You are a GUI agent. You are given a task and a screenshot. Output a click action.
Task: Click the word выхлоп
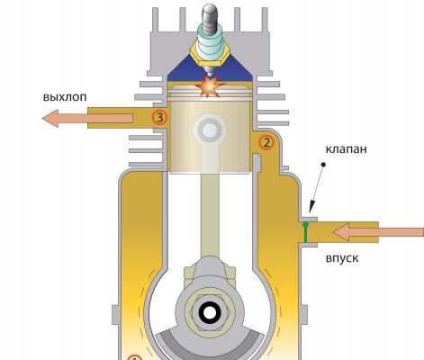tap(65, 97)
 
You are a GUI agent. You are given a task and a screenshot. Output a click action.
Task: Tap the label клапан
tap(347, 148)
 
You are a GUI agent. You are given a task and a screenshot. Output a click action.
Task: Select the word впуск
tap(342, 258)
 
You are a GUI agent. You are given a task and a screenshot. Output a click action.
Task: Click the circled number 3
tap(159, 118)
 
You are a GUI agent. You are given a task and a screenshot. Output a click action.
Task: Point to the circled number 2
tap(266, 142)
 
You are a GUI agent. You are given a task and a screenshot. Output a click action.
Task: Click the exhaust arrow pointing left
tap(87, 118)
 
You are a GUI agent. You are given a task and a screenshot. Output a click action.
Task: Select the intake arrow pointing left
tap(378, 232)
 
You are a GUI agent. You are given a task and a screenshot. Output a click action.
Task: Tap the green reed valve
tap(305, 232)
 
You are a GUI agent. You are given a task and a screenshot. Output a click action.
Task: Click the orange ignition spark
tap(209, 86)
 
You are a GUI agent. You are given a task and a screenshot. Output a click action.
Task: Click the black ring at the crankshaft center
tap(209, 313)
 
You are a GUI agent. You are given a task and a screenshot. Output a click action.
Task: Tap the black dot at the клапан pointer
tap(323, 165)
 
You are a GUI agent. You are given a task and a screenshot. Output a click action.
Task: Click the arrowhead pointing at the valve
tap(311, 207)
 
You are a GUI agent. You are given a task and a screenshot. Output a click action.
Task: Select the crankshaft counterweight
tap(209, 345)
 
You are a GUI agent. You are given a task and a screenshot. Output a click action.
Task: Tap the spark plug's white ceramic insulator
tap(210, 42)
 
